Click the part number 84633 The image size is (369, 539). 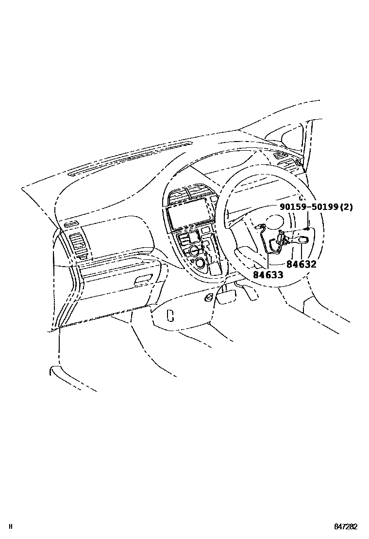(268, 274)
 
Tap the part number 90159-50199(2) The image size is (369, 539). (316, 207)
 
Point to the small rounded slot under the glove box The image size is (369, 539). (170, 315)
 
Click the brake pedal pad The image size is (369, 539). (225, 297)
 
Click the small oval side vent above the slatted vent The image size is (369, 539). (70, 223)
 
